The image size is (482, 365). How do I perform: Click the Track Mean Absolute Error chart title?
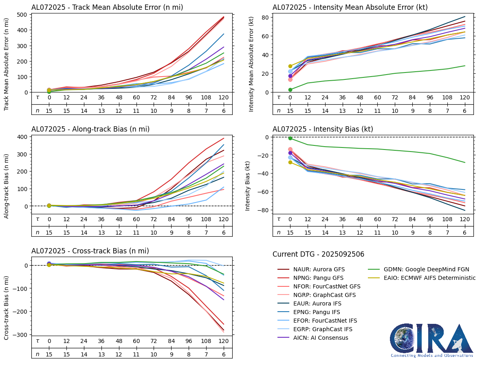click(107, 7)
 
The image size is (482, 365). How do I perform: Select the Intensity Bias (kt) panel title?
click(323, 129)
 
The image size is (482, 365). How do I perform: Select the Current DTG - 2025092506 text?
click(318, 254)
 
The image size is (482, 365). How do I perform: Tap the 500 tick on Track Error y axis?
click(22, 15)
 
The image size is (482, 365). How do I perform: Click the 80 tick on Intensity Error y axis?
click(264, 17)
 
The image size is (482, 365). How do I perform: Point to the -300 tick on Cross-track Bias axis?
click(20, 334)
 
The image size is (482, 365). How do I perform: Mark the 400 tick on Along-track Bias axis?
click(22, 136)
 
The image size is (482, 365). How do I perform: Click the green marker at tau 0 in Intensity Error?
click(290, 90)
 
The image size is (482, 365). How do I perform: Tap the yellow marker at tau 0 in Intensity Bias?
click(290, 162)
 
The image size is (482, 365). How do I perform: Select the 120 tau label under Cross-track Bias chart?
click(224, 341)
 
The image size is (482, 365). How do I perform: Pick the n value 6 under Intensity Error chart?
click(464, 110)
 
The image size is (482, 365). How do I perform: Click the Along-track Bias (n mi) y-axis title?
click(7, 186)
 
